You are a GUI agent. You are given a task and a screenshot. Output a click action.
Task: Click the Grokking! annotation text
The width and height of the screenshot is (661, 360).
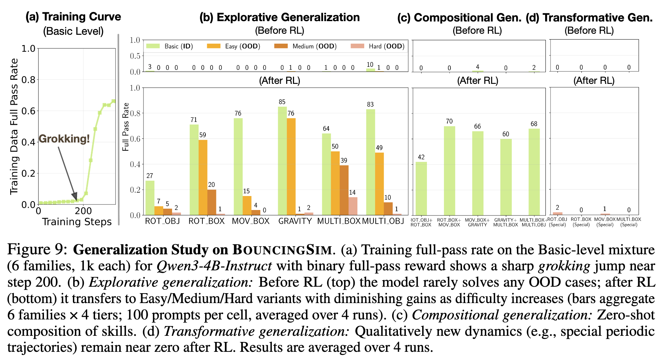click(x=64, y=139)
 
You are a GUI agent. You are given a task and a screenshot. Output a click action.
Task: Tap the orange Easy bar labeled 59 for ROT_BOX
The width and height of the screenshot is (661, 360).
click(x=203, y=177)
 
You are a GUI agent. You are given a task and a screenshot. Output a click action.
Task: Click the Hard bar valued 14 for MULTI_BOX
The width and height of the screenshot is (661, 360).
click(x=353, y=206)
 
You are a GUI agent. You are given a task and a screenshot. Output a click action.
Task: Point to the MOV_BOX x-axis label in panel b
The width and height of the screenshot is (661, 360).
click(x=250, y=221)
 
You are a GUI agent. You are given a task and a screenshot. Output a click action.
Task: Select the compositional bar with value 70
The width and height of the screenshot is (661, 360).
click(x=449, y=170)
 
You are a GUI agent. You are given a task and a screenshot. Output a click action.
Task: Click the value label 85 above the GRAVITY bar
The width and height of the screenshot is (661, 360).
click(x=282, y=102)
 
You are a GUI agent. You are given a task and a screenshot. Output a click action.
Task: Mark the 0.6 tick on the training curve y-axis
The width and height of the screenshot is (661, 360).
click(x=29, y=111)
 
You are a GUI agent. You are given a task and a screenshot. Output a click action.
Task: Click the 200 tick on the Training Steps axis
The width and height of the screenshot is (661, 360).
click(x=83, y=211)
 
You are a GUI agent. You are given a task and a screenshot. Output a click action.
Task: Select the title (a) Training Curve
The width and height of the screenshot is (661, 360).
click(x=73, y=17)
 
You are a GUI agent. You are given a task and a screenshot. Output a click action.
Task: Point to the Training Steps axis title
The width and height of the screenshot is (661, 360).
click(x=77, y=222)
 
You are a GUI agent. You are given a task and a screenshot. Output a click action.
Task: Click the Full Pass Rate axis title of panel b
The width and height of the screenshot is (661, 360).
click(x=126, y=127)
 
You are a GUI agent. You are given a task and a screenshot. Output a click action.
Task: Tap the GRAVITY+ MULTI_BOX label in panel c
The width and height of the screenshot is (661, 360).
click(x=506, y=222)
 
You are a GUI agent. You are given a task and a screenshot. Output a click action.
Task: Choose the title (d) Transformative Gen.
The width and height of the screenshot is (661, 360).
click(x=589, y=17)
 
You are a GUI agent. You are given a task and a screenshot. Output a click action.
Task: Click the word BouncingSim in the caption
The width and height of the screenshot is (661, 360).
click(x=282, y=250)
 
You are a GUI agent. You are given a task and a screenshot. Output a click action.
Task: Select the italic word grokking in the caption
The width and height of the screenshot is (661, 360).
click(x=564, y=266)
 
